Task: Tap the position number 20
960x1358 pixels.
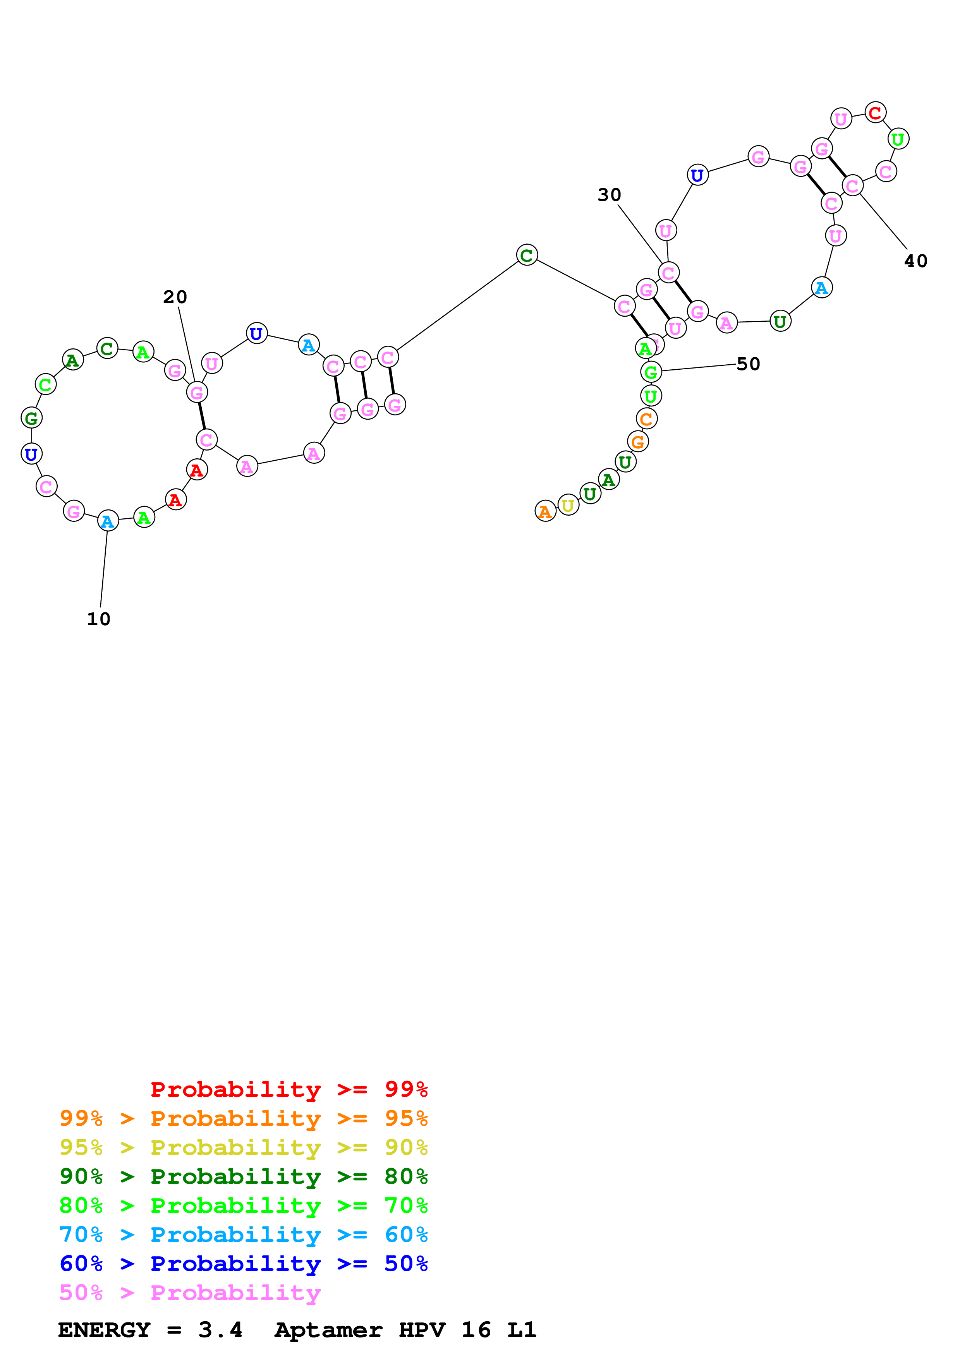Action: pos(175,297)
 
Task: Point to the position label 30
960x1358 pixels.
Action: pos(609,195)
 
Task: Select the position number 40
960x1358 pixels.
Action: pos(915,261)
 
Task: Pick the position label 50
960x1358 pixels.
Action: pos(748,364)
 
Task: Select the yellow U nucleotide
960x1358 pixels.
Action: pos(568,505)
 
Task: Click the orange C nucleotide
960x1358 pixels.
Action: pos(646,419)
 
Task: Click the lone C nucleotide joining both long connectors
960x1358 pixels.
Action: pos(526,255)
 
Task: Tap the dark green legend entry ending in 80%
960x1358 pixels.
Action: pos(244,1176)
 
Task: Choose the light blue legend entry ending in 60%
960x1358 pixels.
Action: pos(244,1235)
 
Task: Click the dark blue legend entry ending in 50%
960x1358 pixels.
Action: pos(244,1264)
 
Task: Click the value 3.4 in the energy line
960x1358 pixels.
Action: pos(220,1330)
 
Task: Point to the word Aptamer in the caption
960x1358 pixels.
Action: pos(328,1330)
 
